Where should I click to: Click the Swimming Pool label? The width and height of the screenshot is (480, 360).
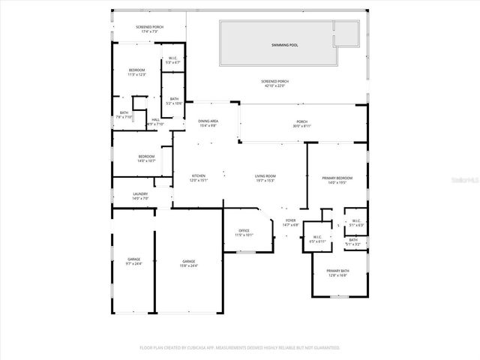tap(284, 45)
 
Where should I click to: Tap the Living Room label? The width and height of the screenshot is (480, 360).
tap(265, 176)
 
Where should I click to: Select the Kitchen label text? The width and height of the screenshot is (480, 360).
tap(198, 176)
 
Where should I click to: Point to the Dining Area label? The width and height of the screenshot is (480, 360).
tap(208, 121)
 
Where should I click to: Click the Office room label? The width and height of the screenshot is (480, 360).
tap(244, 231)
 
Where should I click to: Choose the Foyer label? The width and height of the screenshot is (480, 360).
tap(290, 220)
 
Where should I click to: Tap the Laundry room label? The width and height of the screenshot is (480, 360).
tap(140, 193)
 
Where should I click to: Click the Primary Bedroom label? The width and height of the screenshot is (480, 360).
tap(337, 178)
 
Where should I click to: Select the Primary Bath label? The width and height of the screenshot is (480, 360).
tap(337, 271)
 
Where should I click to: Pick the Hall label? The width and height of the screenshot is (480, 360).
tap(155, 120)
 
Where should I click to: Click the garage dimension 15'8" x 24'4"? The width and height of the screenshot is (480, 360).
tap(188, 265)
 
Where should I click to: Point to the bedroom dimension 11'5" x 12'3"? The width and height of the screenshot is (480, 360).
tap(137, 75)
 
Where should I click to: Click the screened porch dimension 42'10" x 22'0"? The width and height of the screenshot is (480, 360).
tap(276, 85)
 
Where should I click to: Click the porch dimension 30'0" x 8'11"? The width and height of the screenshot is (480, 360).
tap(301, 127)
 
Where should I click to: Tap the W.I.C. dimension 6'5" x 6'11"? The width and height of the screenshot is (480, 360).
tap(318, 241)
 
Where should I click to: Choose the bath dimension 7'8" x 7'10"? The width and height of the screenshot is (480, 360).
tap(124, 117)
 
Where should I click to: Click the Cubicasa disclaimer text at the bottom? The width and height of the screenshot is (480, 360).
tap(240, 348)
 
